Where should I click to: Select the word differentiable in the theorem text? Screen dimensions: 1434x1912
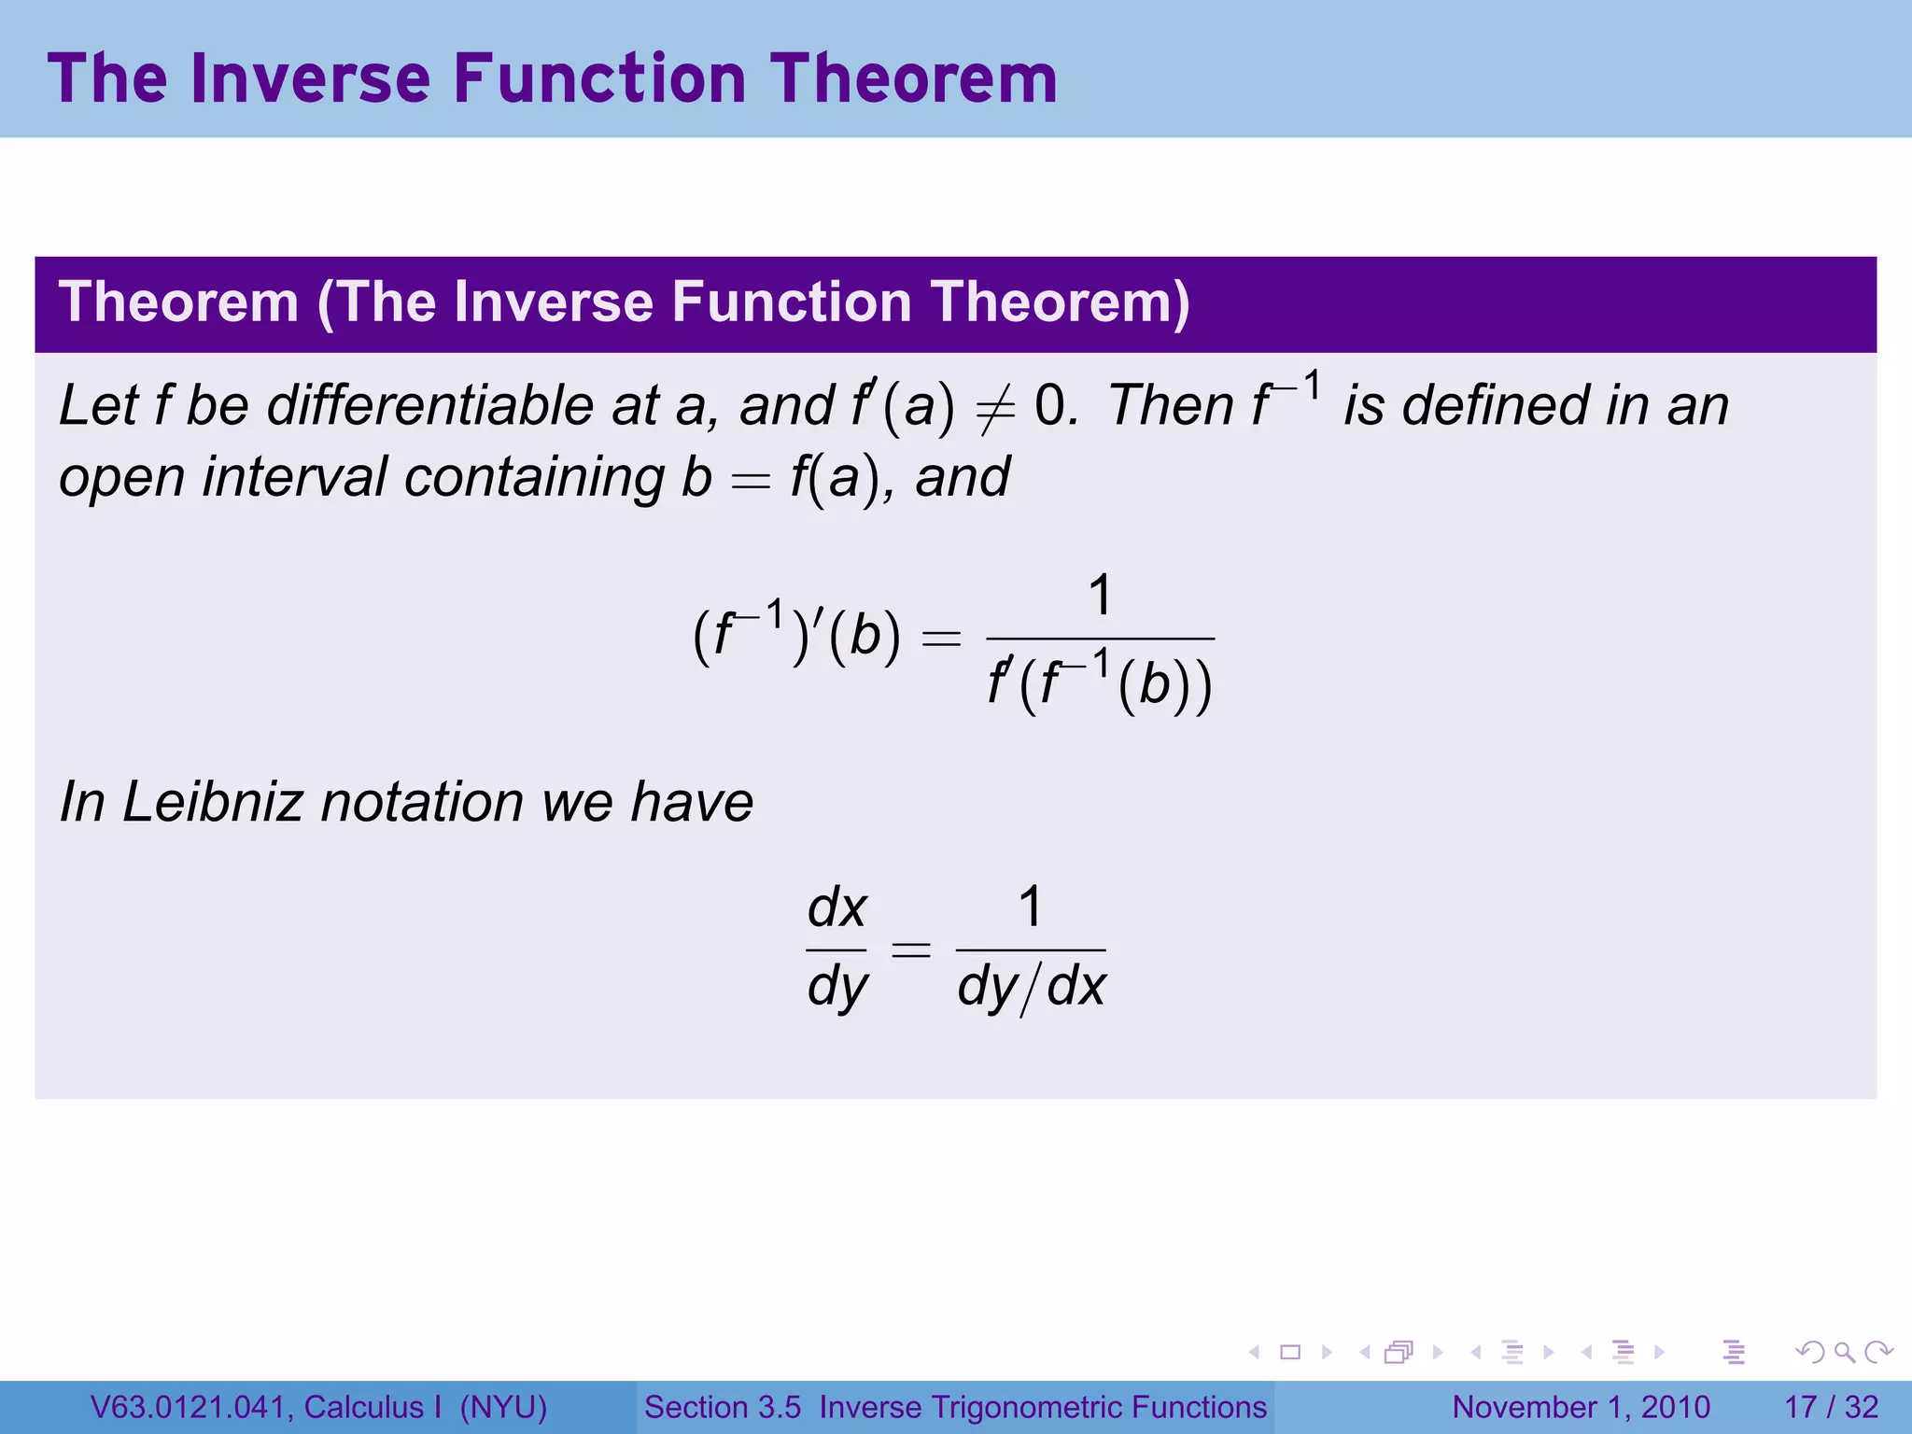[x=430, y=406]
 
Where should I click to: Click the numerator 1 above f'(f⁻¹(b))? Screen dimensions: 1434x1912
[x=1101, y=596]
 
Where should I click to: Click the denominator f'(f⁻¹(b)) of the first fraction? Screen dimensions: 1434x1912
[x=1101, y=682]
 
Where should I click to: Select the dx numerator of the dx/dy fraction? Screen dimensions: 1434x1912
[x=837, y=907]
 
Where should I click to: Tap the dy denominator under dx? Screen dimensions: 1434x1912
[x=837, y=988]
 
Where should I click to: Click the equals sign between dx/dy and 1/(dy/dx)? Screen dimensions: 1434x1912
[x=911, y=950]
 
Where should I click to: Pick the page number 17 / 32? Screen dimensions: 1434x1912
[x=1831, y=1407]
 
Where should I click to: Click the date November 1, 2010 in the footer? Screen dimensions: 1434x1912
[x=1581, y=1407]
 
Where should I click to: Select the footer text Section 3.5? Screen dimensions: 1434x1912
[x=723, y=1407]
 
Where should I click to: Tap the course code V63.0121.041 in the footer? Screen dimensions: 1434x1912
[x=191, y=1407]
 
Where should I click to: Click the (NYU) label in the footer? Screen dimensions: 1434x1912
[x=503, y=1407]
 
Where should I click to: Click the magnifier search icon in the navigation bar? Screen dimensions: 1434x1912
[x=1844, y=1352]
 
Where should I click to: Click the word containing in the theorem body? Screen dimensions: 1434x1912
[x=533, y=477]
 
